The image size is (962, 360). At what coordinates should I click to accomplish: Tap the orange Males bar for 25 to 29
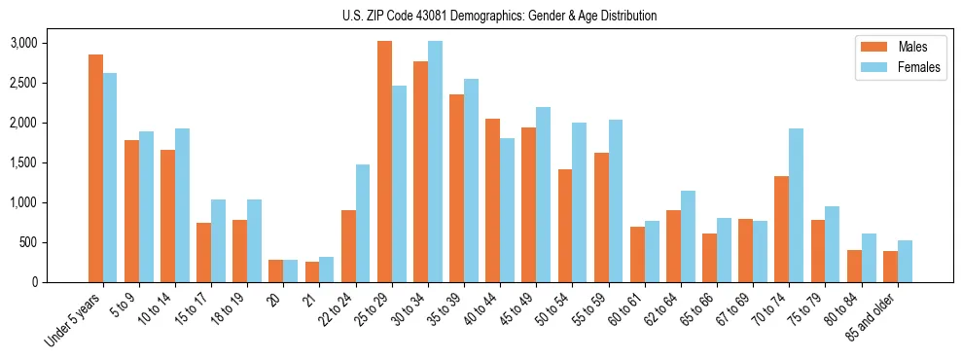click(385, 162)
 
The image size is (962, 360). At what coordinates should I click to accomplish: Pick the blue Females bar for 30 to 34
click(435, 162)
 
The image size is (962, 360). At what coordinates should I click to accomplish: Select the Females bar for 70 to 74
click(796, 205)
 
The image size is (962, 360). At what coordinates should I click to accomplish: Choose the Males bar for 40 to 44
click(493, 200)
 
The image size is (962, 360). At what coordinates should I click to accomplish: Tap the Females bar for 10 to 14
click(182, 205)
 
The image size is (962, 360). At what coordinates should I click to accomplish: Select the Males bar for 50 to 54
click(565, 226)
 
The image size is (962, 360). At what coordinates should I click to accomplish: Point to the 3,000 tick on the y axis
click(23, 43)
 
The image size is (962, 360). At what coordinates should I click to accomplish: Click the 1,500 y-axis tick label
click(23, 162)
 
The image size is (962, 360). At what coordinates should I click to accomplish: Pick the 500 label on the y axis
click(27, 242)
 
